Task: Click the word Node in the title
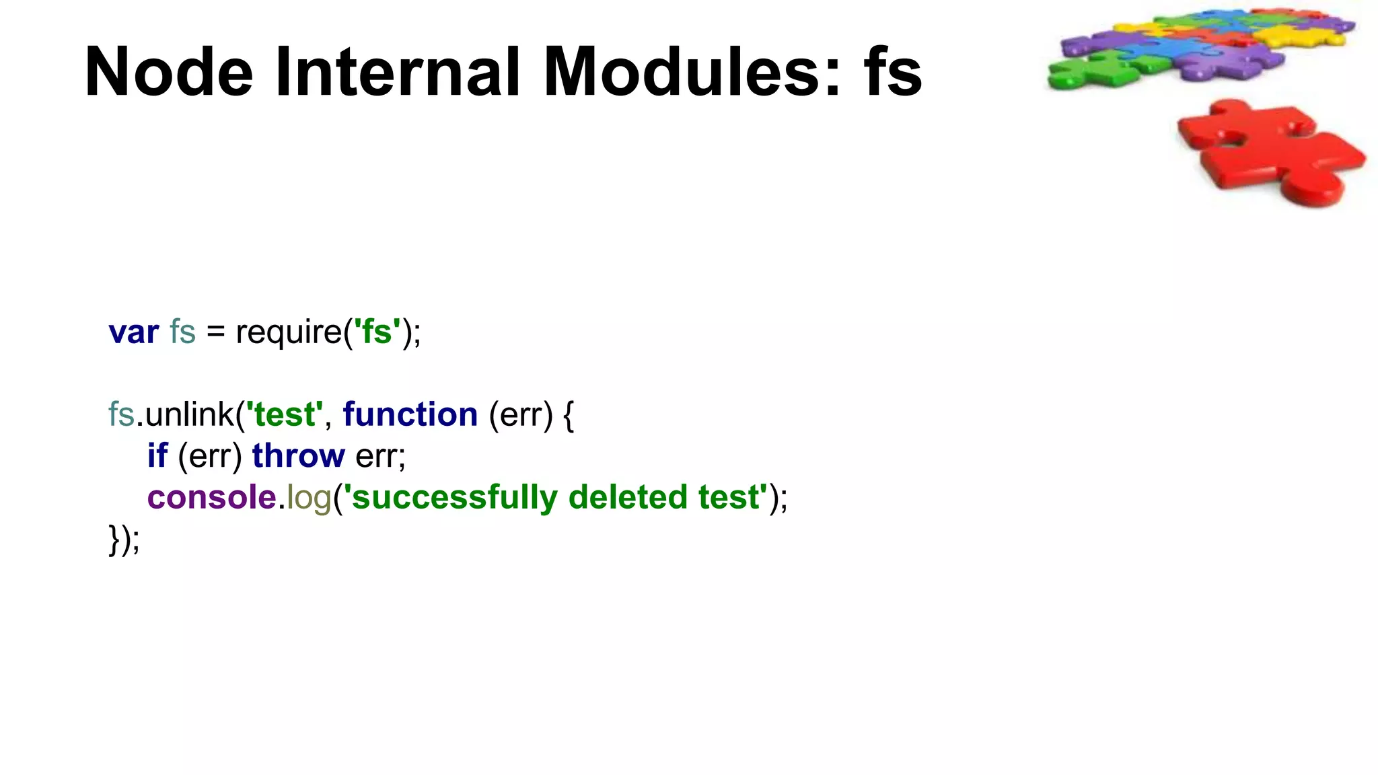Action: pyautogui.click(x=168, y=72)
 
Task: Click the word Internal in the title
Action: pyautogui.click(x=397, y=72)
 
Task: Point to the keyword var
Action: pyautogui.click(x=134, y=332)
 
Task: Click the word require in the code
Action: pyautogui.click(x=289, y=332)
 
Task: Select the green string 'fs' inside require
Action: pyautogui.click(x=377, y=332)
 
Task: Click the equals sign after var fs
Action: pyautogui.click(x=215, y=332)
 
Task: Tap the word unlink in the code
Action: pyautogui.click(x=190, y=414)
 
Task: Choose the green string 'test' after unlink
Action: pyautogui.click(x=285, y=414)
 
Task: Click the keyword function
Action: pyautogui.click(x=410, y=414)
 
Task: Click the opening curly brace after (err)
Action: pyautogui.click(x=569, y=414)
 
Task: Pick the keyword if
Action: pyautogui.click(x=157, y=456)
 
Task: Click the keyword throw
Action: pyautogui.click(x=298, y=456)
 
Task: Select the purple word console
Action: pyautogui.click(x=211, y=498)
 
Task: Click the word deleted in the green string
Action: pyautogui.click(x=627, y=498)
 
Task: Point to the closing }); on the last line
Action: pyautogui.click(x=124, y=540)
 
